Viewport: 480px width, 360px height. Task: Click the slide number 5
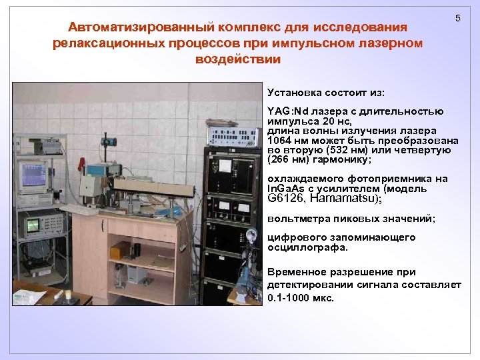point(457,18)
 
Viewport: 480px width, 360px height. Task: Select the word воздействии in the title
point(238,59)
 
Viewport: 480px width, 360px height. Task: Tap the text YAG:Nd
point(286,110)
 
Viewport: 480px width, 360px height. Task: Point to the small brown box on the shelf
point(121,250)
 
